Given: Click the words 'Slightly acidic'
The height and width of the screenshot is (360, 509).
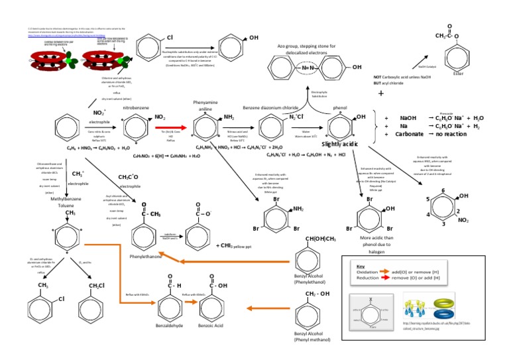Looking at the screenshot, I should point(340,144).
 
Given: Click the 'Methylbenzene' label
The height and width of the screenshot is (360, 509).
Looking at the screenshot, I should point(64,198).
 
